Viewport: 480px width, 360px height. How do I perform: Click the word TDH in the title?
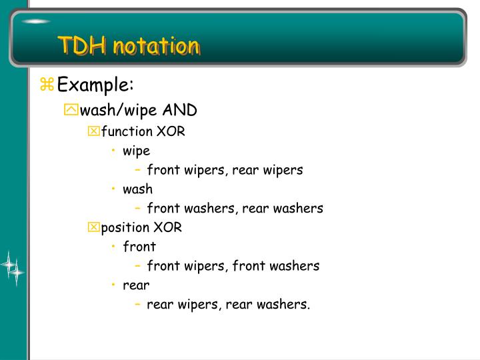pos(81,46)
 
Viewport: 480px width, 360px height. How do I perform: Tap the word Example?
pos(95,85)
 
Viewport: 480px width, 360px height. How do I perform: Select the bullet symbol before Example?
pos(47,85)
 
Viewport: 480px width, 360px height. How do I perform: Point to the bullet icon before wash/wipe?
pos(71,109)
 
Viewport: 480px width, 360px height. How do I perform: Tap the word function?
pos(127,131)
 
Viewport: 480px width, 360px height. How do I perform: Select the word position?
pos(125,227)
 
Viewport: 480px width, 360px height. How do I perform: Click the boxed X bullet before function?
pos(93,132)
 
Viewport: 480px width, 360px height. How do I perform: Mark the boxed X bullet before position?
pos(93,228)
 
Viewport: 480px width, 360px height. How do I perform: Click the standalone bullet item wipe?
pos(136,151)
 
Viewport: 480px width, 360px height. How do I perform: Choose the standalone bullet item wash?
pos(137,189)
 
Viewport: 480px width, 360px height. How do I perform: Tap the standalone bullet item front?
pos(139,247)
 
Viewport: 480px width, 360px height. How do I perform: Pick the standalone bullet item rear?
pos(136,285)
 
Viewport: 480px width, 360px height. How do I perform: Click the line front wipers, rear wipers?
pos(225,170)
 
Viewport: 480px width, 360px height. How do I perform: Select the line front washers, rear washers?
pos(235,208)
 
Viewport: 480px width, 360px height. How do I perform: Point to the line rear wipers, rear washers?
pos(228,305)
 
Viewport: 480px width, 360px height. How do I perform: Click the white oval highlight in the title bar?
pos(35,22)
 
